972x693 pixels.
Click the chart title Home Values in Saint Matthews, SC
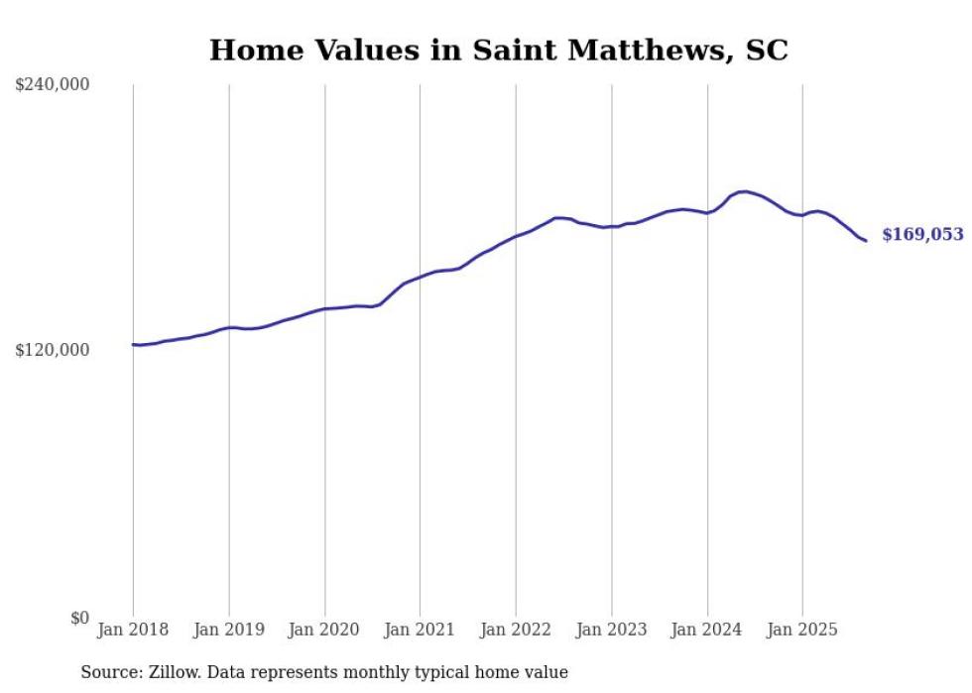tap(498, 50)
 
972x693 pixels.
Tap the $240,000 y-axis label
tap(52, 84)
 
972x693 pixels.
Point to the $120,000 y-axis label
tap(52, 350)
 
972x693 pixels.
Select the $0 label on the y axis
tap(79, 618)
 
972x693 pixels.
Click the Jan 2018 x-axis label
tap(133, 630)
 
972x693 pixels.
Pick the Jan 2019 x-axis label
tap(228, 630)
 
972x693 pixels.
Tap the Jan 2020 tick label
tap(324, 630)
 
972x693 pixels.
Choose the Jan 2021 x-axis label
tap(420, 630)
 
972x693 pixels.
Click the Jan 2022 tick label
tap(516, 630)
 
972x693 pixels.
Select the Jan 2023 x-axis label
tap(611, 630)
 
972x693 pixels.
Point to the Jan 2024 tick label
tap(707, 630)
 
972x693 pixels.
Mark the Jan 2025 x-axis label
tap(802, 630)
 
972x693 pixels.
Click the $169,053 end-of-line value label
tap(922, 235)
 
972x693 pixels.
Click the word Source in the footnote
tap(109, 672)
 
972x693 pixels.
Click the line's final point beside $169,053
tap(866, 240)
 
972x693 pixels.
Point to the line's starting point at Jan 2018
tap(134, 344)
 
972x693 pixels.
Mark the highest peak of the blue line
tap(744, 191)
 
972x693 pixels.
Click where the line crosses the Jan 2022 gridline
tap(516, 236)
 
